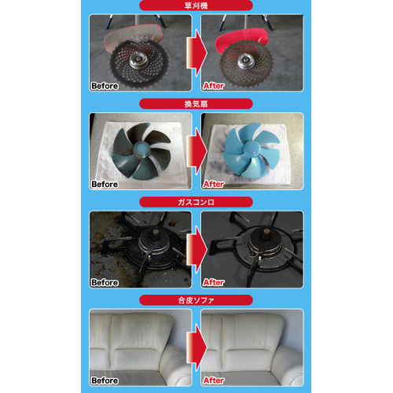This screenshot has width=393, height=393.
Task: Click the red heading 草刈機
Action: [196, 6]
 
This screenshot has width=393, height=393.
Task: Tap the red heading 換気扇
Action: [196, 104]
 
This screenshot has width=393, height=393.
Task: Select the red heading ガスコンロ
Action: [196, 202]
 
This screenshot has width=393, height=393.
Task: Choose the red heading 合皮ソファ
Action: [196, 300]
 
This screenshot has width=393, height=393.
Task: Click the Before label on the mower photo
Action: [105, 86]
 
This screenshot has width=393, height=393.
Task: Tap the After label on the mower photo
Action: [214, 86]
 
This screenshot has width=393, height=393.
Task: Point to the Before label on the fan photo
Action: [105, 184]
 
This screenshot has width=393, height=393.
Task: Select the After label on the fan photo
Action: [214, 184]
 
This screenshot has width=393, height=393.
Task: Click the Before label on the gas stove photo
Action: [105, 282]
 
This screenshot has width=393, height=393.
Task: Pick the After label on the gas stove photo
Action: [214, 282]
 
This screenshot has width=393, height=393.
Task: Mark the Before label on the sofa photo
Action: [105, 380]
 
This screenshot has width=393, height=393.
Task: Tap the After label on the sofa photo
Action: [214, 380]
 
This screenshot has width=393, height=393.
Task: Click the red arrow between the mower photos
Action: [196, 53]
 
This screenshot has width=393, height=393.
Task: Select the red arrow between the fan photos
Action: [196, 151]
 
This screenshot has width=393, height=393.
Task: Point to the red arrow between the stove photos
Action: [196, 249]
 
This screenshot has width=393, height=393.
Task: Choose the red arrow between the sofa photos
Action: [196, 347]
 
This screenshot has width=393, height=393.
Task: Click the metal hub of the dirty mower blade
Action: [138, 61]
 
